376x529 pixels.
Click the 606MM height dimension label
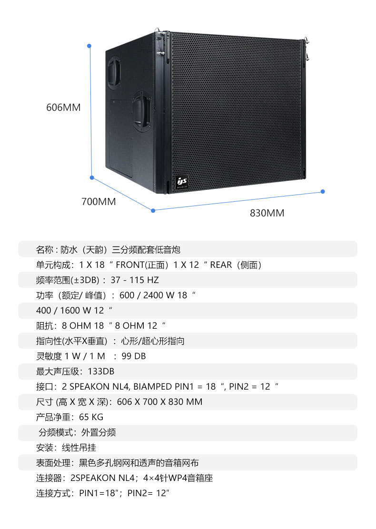click(x=63, y=108)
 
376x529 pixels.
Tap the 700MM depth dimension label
click(x=99, y=202)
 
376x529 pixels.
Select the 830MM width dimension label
click(x=267, y=213)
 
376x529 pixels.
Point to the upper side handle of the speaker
click(x=114, y=73)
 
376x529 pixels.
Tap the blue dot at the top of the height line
click(x=89, y=46)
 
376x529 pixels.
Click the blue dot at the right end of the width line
click(x=323, y=191)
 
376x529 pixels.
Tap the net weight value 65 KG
click(x=91, y=417)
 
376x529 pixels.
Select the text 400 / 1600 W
click(x=64, y=311)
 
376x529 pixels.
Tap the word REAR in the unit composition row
click(x=221, y=264)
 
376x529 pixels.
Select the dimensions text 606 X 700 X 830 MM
click(x=159, y=402)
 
